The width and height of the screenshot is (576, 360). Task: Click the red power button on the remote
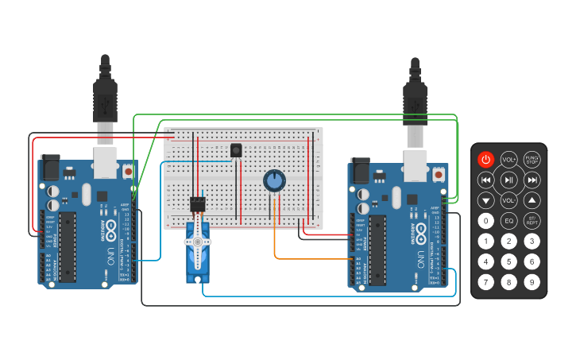click(485, 160)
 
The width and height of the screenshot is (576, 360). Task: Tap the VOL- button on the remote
click(508, 201)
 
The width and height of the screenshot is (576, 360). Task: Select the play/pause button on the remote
click(508, 180)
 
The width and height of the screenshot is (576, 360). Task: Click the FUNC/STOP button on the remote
click(532, 160)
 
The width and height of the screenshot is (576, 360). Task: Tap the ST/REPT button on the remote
click(532, 221)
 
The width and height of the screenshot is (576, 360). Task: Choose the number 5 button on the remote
click(508, 261)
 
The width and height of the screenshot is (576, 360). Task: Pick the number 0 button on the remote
click(485, 221)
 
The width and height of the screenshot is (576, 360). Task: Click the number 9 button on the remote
click(532, 281)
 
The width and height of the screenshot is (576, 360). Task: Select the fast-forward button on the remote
click(532, 180)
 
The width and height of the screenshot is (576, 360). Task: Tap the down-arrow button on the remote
click(485, 201)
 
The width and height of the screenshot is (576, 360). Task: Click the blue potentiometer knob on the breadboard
click(274, 181)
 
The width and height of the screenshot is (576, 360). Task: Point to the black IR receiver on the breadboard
click(236, 149)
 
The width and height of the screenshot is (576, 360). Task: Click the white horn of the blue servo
click(197, 240)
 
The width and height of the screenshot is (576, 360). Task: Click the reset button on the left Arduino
click(128, 170)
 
